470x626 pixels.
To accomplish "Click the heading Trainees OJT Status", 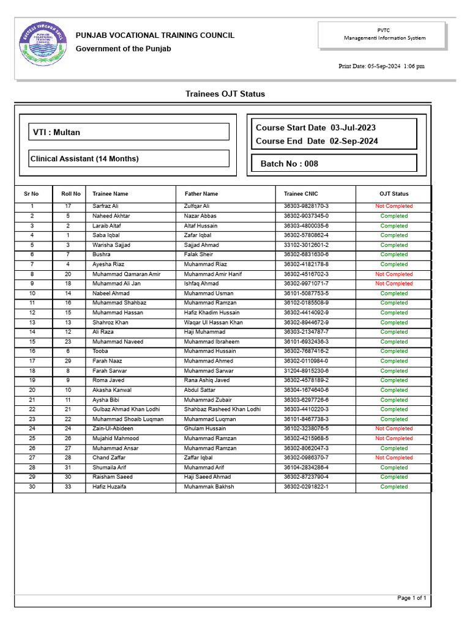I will coord(225,94).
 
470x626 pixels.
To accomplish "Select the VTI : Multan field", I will coord(130,132).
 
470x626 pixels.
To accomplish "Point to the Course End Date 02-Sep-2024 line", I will coord(316,141).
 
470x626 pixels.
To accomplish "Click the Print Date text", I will coord(381,66).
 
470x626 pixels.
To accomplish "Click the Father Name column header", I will coord(201,194).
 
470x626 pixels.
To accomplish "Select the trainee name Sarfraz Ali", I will coord(105,207).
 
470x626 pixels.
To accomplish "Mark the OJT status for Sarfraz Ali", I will coord(394,207).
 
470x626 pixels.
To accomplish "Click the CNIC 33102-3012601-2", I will coord(306,245).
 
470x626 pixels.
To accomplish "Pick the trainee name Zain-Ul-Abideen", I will coord(113,429).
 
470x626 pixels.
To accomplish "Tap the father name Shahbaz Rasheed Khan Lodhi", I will coord(222,409).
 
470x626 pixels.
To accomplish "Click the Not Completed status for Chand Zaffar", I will coord(394,458).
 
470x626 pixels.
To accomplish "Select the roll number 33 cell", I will coord(68,487).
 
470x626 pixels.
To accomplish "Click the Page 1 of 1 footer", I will coord(411,598).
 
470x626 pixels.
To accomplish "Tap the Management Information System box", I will coord(384,34).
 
